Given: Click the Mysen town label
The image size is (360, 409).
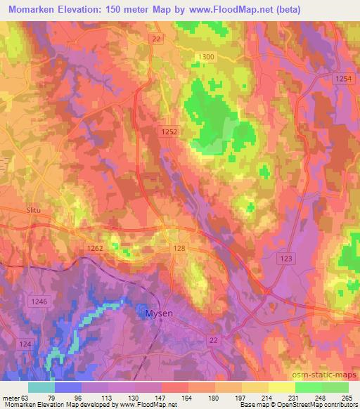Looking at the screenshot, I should coord(160,313).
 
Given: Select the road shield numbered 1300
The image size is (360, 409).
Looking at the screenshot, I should coord(207,56).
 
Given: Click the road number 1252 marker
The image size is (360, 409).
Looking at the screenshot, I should coord(168,131).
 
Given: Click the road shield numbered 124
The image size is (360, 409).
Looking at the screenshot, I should coord(25,343).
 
